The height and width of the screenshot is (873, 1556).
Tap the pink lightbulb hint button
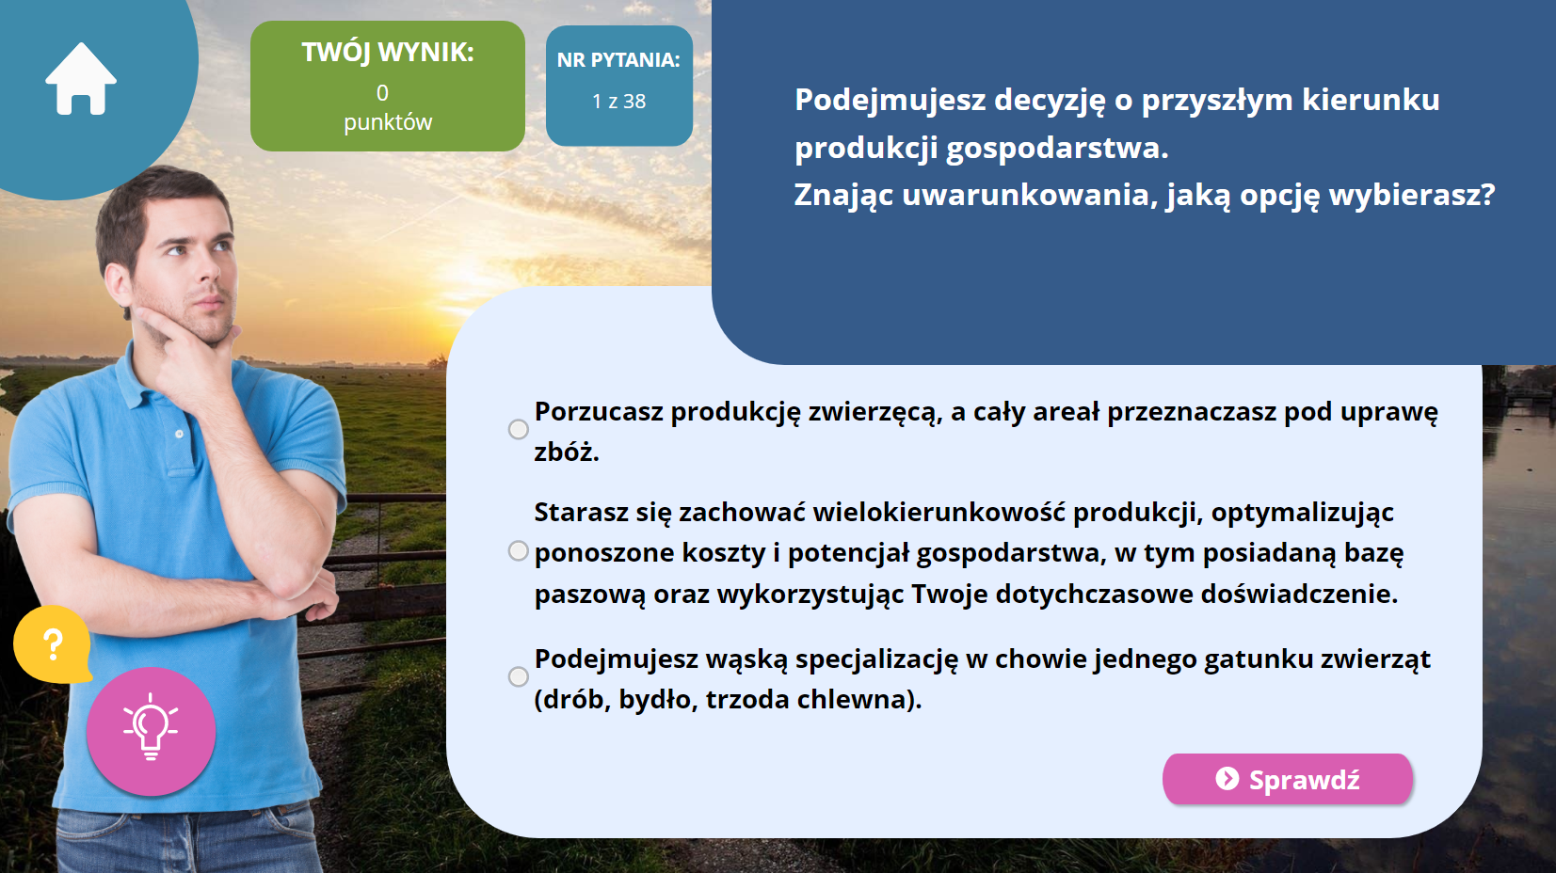pyautogui.click(x=151, y=732)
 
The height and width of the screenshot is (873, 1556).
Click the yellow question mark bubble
pyautogui.click(x=53, y=644)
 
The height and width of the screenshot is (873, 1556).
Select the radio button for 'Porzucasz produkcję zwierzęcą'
pyautogui.click(x=519, y=430)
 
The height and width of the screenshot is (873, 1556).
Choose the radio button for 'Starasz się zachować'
pyautogui.click(x=519, y=551)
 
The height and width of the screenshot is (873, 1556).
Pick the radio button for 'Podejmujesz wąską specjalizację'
pyautogui.click(x=519, y=676)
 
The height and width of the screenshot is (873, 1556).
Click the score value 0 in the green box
pyautogui.click(x=382, y=93)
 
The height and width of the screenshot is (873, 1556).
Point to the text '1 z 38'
pyautogui.click(x=619, y=102)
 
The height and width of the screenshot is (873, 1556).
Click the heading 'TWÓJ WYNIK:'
pyautogui.click(x=388, y=52)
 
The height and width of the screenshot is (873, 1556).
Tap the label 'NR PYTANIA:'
pyautogui.click(x=619, y=59)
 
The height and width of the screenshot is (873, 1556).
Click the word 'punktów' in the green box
pyautogui.click(x=388, y=123)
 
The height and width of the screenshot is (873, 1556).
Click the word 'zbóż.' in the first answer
pyautogui.click(x=566, y=452)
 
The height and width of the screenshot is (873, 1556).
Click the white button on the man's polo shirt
pyautogui.click(x=179, y=434)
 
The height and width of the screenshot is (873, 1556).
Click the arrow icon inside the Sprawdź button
pyautogui.click(x=1227, y=779)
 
